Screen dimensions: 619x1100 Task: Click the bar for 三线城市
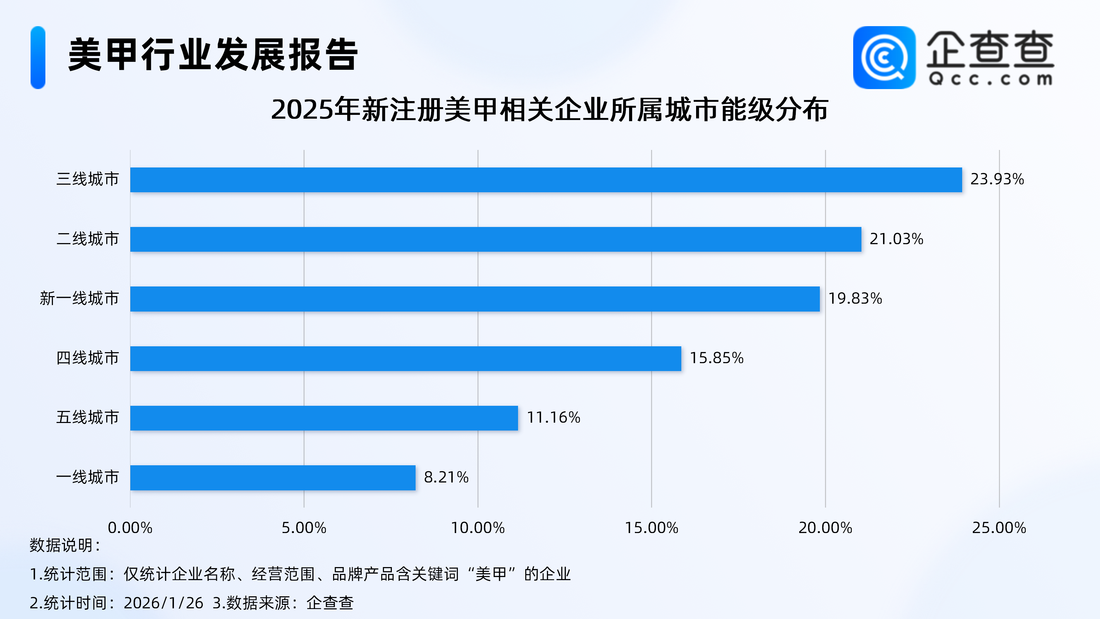click(x=546, y=180)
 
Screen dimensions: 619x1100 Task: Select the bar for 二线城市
click(x=495, y=239)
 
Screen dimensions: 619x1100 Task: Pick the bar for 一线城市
click(x=273, y=478)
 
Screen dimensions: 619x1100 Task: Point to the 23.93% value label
click(x=997, y=179)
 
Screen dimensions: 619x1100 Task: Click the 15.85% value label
click(x=716, y=358)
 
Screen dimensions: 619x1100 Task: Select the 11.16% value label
click(x=553, y=417)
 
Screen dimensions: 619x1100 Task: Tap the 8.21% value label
click(x=446, y=477)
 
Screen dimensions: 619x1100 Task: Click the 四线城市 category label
click(x=88, y=358)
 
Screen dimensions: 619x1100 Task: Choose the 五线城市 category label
click(x=88, y=417)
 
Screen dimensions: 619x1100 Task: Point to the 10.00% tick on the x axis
click(x=477, y=528)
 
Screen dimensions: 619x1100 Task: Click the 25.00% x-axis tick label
click(x=999, y=528)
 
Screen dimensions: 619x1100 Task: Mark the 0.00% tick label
click(x=130, y=528)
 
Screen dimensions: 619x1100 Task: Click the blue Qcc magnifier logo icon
click(x=884, y=58)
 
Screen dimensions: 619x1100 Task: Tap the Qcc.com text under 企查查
click(x=990, y=79)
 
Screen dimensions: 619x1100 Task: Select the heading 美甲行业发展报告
click(x=213, y=55)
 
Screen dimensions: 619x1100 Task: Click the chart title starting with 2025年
click(x=550, y=110)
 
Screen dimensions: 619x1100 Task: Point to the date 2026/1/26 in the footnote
click(x=163, y=603)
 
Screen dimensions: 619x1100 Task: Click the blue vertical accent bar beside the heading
click(x=38, y=58)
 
